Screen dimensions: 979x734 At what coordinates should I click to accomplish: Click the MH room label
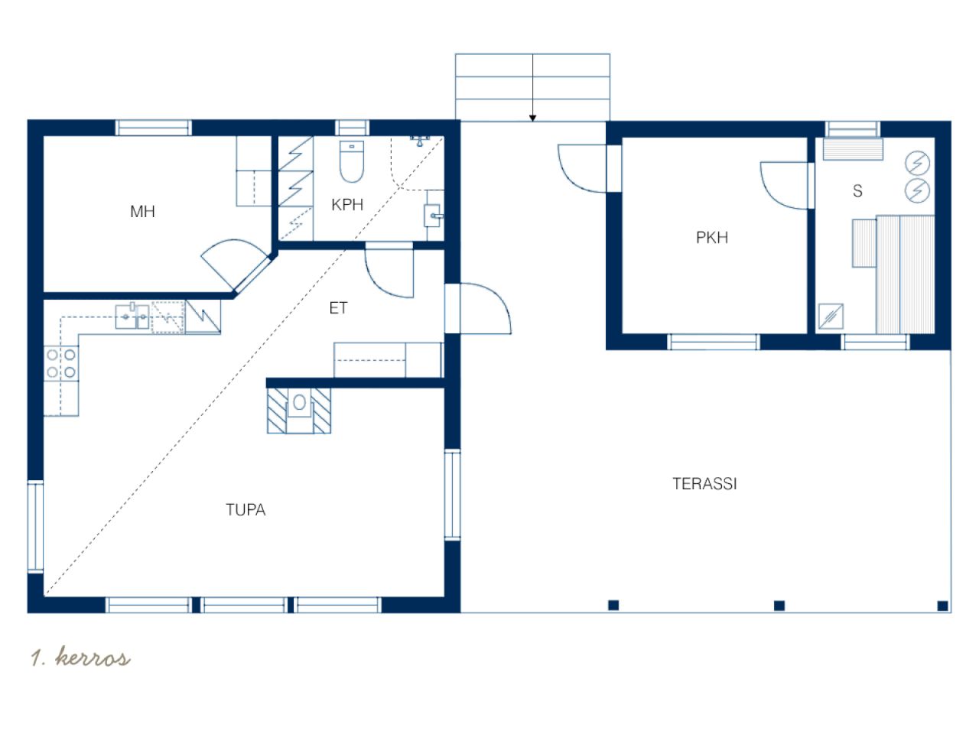tap(142, 211)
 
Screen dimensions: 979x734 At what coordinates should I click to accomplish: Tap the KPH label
tap(347, 205)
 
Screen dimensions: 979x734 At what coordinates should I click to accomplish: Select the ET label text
tap(338, 308)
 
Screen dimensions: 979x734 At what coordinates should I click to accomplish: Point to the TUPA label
tap(246, 510)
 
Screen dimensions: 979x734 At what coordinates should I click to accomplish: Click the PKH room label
tap(712, 238)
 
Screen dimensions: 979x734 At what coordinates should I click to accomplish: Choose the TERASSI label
tap(704, 484)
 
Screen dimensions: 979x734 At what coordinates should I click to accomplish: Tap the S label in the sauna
tap(857, 190)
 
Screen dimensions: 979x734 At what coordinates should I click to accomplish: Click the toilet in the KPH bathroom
tap(352, 161)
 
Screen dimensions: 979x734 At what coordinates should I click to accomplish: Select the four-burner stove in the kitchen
tap(61, 364)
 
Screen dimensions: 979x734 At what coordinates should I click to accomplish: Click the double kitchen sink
tap(132, 316)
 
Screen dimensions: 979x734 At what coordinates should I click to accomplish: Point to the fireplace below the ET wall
tap(299, 411)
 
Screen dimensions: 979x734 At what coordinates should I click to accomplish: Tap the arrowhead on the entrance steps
tap(532, 118)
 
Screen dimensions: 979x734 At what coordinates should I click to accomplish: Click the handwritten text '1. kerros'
tap(81, 657)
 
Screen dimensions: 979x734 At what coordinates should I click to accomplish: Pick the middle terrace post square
tap(779, 606)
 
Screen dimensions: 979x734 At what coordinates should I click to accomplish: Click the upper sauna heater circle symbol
tap(918, 163)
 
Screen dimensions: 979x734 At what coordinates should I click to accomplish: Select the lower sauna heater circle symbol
tap(918, 190)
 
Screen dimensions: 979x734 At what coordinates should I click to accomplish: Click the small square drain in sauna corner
tap(831, 317)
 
